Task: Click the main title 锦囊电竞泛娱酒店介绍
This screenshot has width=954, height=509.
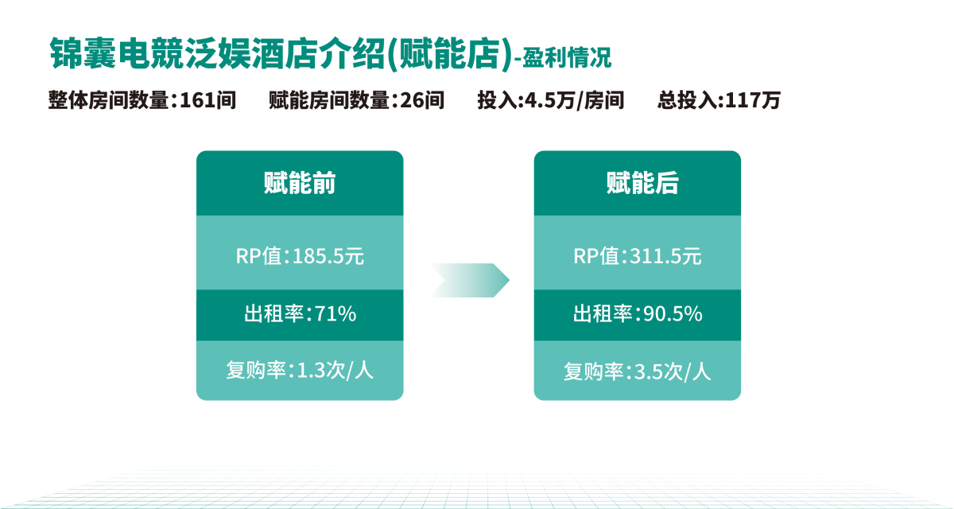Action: pyautogui.click(x=217, y=53)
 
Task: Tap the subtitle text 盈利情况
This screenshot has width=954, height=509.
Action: pyautogui.click(x=567, y=58)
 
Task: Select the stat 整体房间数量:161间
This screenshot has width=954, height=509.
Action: pyautogui.click(x=142, y=100)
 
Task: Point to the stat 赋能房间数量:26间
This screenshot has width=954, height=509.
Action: pyautogui.click(x=356, y=100)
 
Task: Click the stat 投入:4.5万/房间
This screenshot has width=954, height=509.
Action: pyautogui.click(x=551, y=100)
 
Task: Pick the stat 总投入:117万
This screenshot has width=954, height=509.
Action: pyautogui.click(x=719, y=100)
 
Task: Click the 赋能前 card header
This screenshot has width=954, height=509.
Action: pyautogui.click(x=300, y=183)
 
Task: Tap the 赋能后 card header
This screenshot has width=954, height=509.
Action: pyautogui.click(x=637, y=183)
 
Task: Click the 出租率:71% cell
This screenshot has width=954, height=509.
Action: pyautogui.click(x=300, y=315)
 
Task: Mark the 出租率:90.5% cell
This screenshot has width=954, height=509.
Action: pyautogui.click(x=637, y=315)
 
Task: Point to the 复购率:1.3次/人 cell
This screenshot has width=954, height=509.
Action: pyautogui.click(x=300, y=371)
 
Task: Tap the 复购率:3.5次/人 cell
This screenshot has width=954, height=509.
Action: pyautogui.click(x=637, y=371)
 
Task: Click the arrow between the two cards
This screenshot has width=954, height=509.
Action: pyautogui.click(x=470, y=280)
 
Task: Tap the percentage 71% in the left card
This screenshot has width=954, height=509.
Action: pyautogui.click(x=335, y=314)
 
